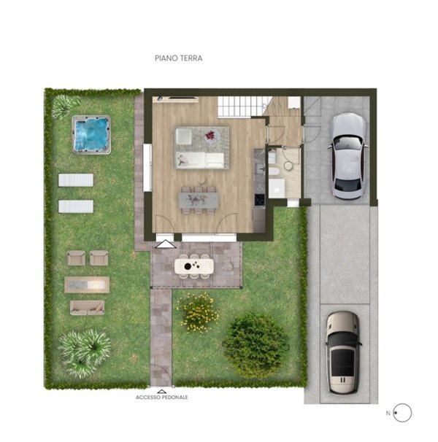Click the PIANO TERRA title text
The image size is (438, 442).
tap(178, 57)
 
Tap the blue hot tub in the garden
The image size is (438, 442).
tap(91, 135)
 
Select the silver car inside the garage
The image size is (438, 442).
tap(347, 155)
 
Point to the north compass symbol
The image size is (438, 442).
tap(401, 413)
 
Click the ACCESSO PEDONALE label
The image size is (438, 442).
tap(162, 398)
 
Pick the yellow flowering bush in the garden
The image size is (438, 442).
tap(197, 311)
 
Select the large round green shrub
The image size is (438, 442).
tap(255, 345)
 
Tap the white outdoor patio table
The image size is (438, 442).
tap(194, 267)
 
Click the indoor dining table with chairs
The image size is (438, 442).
tap(199, 199)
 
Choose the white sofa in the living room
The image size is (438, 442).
tap(202, 160)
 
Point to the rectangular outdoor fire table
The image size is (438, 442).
tap(88, 283)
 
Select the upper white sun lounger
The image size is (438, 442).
tap(76, 180)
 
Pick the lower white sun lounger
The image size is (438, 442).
tap(76, 206)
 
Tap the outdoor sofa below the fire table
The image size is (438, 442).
tap(87, 307)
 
